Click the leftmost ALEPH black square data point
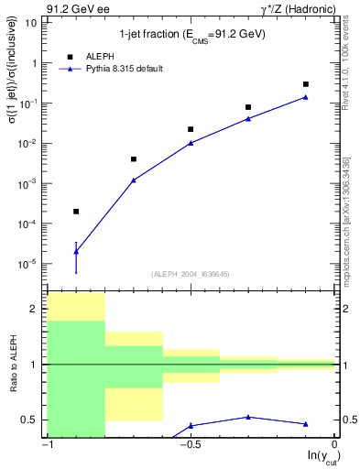coord(76,212)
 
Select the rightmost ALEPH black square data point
coord(306,84)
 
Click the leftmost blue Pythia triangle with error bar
coord(76,251)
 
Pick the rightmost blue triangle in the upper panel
coord(306,97)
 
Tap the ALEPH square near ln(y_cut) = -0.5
coord(191,129)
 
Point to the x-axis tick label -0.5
coord(190,445)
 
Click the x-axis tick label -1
coord(48,445)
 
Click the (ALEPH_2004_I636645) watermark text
coord(191,274)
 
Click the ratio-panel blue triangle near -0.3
coord(248,417)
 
